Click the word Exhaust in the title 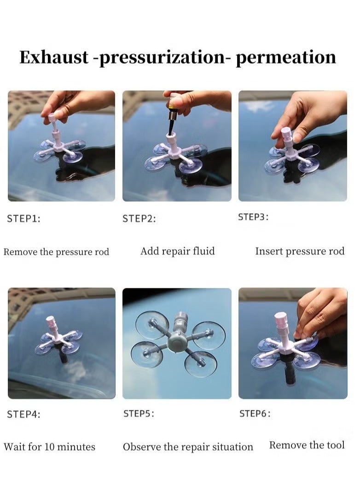(x=54, y=57)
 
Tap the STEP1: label (x=23, y=219)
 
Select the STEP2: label (x=139, y=219)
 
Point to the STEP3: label (x=253, y=217)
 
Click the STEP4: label (x=23, y=414)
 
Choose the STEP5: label (x=139, y=414)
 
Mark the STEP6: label (x=255, y=414)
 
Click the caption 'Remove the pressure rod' (x=56, y=252)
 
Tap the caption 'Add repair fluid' (x=177, y=251)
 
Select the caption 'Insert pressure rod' (x=300, y=251)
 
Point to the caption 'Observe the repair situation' (x=188, y=447)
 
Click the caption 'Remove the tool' (x=307, y=445)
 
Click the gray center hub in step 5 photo (x=177, y=341)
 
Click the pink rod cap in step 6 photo (x=280, y=318)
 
